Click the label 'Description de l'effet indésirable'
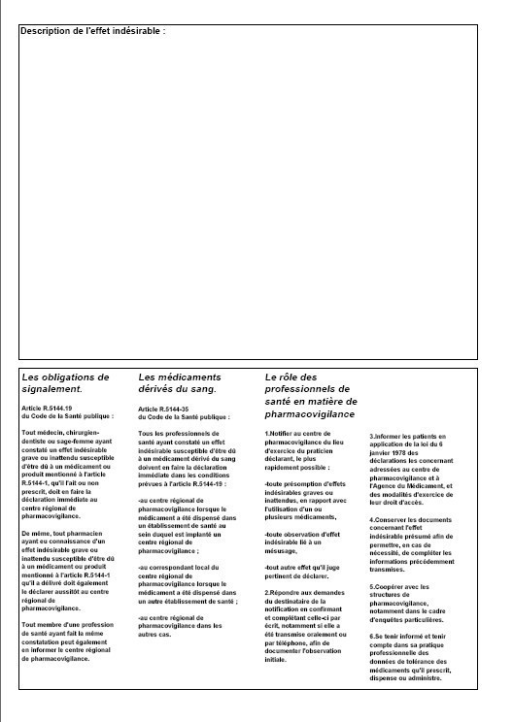coord(92,32)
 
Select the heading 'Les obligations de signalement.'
coord(65,382)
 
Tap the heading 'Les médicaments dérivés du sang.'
coord(180,382)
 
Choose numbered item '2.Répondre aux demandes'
coord(311,620)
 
